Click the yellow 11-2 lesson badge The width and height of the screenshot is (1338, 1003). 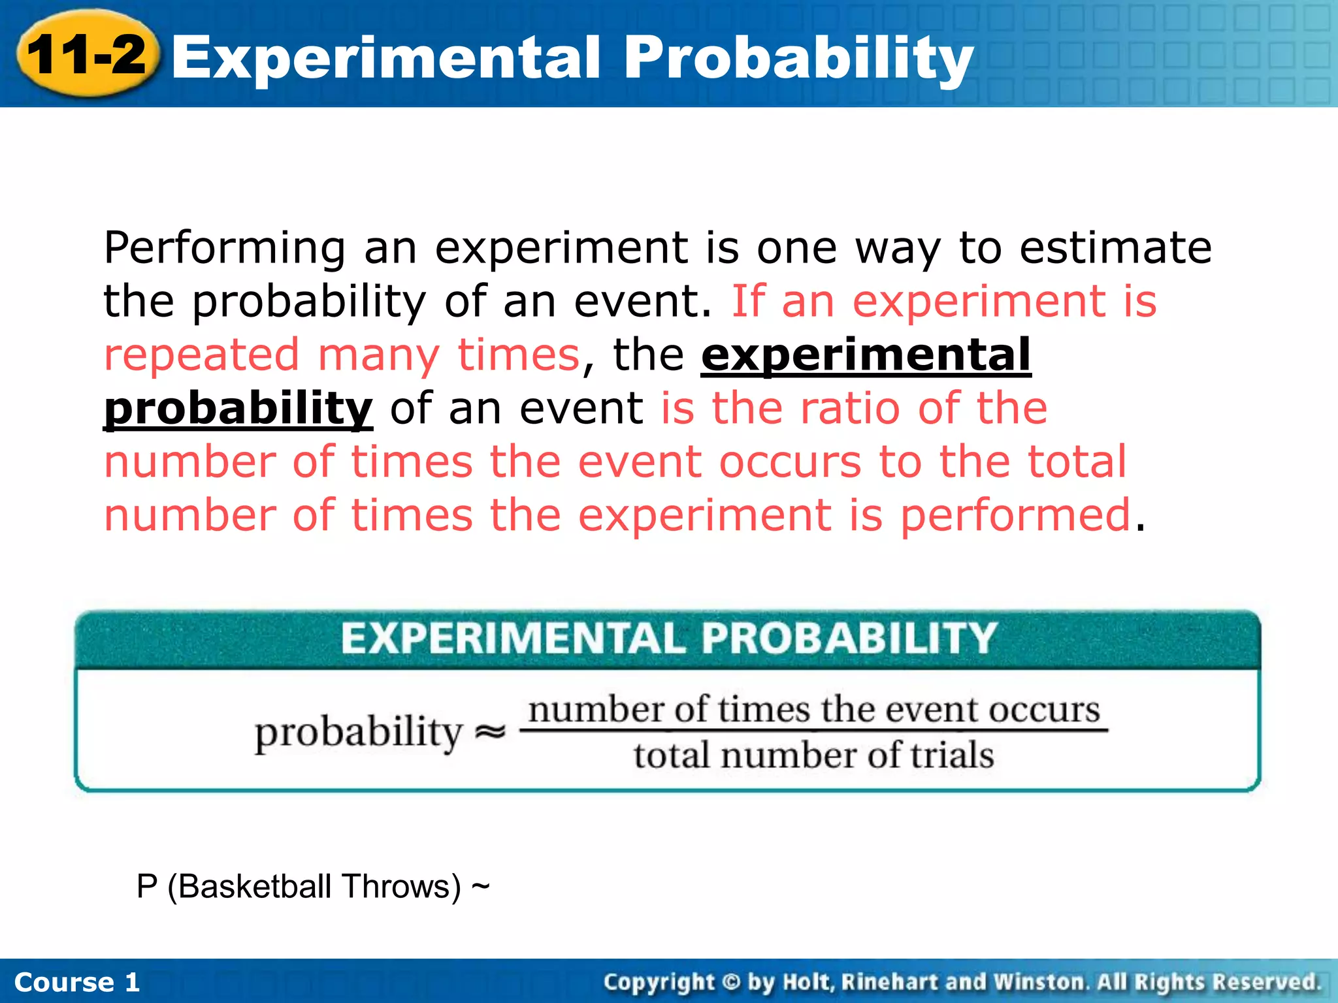87,55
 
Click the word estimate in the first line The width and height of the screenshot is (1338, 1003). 1116,247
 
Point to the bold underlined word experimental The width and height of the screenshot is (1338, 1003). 866,355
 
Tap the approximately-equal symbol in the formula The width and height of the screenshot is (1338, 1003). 490,731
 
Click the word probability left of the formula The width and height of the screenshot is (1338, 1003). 359,733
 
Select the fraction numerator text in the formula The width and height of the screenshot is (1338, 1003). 814,709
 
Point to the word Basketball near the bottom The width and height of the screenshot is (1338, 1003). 254,887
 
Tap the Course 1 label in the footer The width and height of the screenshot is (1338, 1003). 77,982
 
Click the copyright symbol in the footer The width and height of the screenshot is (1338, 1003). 731,982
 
